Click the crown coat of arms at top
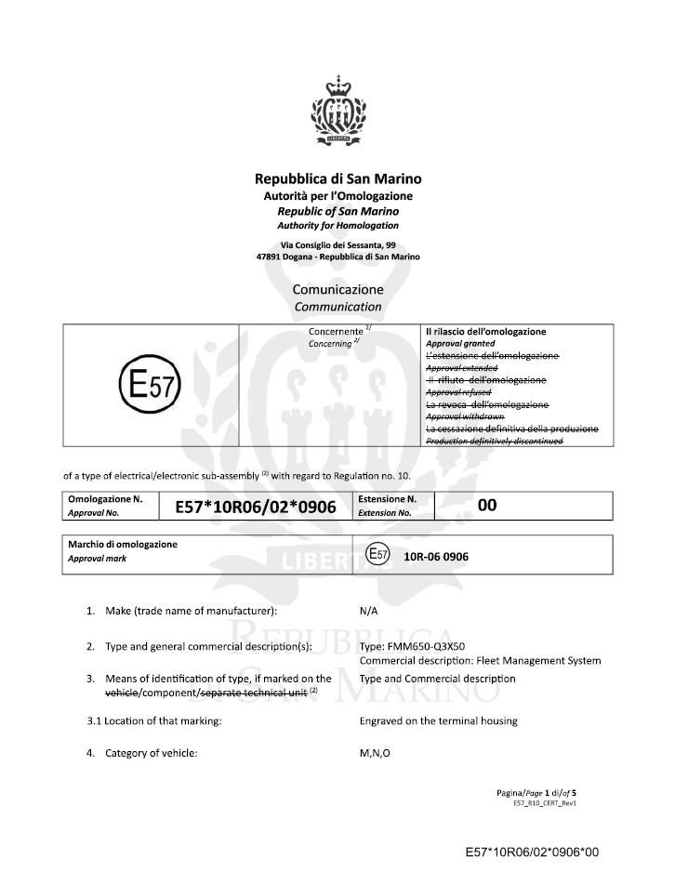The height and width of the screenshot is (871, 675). coord(337,112)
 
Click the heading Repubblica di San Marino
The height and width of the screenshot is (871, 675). coord(337,178)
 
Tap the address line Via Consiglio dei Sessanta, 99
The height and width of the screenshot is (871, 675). coord(337,244)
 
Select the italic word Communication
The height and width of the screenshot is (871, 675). coord(337,306)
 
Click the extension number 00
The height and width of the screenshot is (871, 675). coord(487,504)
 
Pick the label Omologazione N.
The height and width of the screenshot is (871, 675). coord(105,499)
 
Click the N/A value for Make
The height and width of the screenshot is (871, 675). coord(368,613)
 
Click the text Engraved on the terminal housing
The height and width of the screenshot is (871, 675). coord(438,720)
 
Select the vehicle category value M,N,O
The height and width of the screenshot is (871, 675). coord(375,753)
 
